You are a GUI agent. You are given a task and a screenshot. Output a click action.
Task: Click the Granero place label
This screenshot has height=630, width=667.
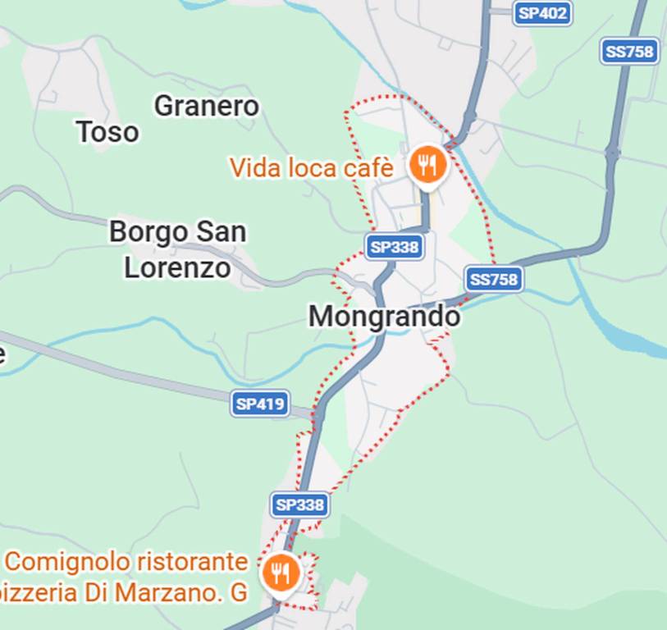tap(206, 106)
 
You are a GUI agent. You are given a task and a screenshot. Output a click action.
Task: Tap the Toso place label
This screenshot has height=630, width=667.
tap(107, 132)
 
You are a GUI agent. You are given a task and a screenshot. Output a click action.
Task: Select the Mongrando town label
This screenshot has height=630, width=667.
tap(384, 317)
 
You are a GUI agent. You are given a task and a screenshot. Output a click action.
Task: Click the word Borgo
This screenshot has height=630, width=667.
tap(148, 232)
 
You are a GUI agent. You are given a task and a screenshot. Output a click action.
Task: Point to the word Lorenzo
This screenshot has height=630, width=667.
tap(177, 267)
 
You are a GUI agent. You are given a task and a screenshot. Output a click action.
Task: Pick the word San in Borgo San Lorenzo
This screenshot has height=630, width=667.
tap(219, 232)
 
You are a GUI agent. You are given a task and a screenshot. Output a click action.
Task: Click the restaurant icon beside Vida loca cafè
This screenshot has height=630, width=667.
tap(427, 165)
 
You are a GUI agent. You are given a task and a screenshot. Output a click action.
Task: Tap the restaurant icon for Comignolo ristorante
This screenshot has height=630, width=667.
tap(281, 572)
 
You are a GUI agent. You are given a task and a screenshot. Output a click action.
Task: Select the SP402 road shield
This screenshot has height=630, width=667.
tap(542, 13)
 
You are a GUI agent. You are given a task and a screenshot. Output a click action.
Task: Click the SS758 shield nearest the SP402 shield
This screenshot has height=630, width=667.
tap(629, 51)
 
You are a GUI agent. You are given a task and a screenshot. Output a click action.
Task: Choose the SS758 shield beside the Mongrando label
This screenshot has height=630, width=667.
tap(493, 279)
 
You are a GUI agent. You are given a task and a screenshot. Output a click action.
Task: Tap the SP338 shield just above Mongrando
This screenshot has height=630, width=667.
tap(394, 246)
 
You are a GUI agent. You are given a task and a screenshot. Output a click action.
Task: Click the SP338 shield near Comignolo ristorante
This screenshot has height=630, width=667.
tap(299, 504)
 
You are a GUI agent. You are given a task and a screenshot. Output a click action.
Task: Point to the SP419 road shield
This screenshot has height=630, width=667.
tap(260, 403)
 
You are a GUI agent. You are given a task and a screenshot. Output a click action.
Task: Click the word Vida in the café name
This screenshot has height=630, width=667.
tap(253, 168)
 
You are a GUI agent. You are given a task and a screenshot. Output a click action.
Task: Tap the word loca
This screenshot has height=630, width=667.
tap(308, 168)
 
